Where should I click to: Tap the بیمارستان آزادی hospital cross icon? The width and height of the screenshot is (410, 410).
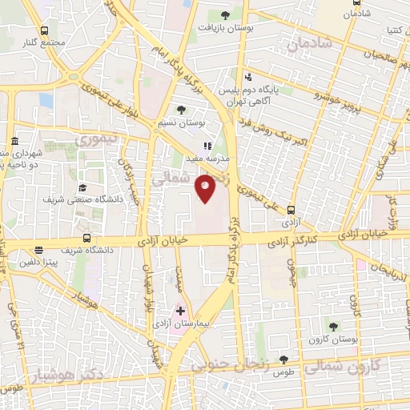pos(180,311)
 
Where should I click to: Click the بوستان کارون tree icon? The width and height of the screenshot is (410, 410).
pos(332,326)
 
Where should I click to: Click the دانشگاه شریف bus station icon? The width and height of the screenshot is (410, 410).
pos(86,238)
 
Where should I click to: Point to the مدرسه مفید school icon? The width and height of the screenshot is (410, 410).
pos(207,147)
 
